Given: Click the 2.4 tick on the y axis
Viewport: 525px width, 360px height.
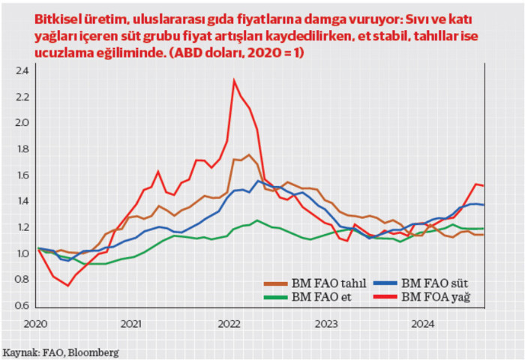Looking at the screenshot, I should coord(22,71).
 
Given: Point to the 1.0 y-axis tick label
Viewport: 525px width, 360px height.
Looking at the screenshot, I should coord(22,253).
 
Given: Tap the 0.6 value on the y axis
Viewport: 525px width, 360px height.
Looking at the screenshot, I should coord(22,305).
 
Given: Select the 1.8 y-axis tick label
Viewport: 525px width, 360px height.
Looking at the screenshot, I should coord(22,149).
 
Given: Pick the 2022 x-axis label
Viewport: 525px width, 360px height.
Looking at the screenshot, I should coord(229,324).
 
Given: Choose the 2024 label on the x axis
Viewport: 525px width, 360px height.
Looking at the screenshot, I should coord(423,324).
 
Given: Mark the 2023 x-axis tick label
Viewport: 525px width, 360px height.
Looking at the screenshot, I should coord(326,324).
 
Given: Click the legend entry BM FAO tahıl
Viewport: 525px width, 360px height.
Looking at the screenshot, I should coord(323,283).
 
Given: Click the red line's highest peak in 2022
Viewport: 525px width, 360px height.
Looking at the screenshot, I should coord(234,80).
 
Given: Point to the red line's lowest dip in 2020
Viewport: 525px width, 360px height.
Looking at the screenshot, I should coord(67,285).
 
